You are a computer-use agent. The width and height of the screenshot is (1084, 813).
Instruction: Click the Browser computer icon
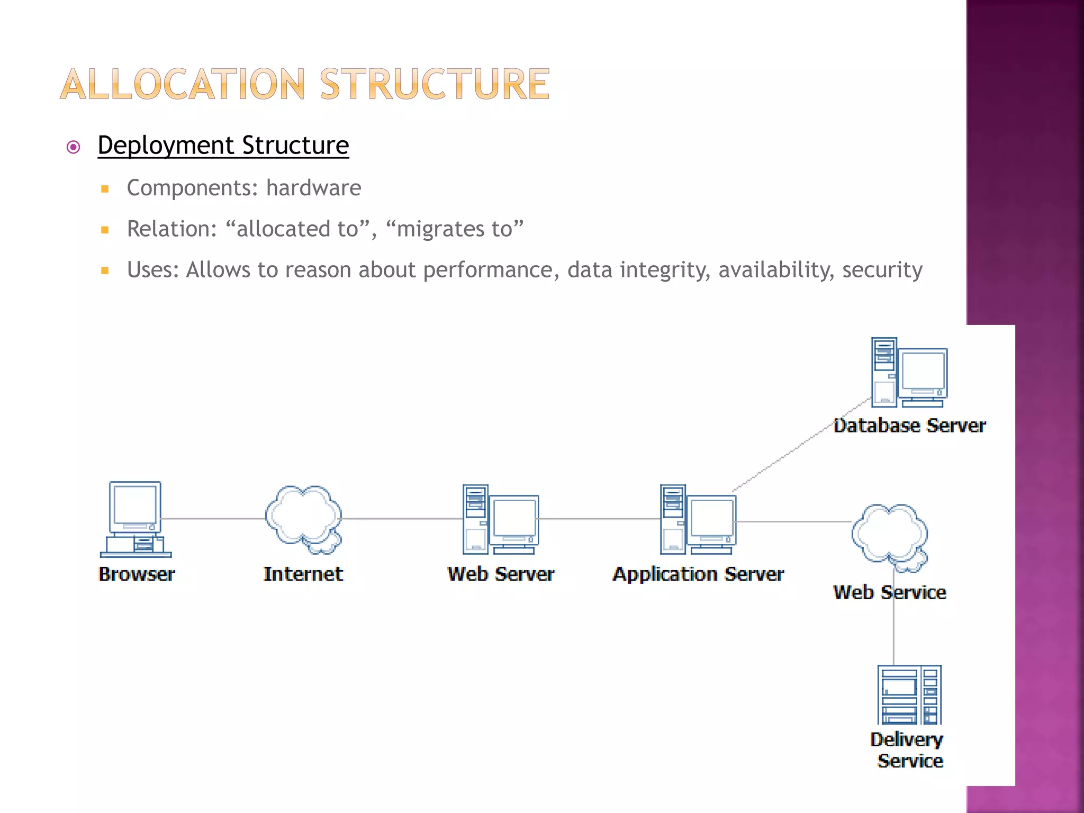(135, 519)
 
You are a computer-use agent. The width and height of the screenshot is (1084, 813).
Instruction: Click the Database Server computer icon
(909, 373)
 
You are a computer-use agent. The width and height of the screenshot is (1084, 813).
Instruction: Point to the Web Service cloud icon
(889, 536)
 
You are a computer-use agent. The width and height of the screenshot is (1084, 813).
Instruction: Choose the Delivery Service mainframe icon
(909, 694)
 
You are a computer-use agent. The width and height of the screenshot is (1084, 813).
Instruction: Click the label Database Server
(909, 426)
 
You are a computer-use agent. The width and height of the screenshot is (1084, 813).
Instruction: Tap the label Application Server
(698, 574)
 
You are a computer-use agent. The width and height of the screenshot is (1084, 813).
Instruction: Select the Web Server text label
(501, 574)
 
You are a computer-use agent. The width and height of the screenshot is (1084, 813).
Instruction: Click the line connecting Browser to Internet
(212, 519)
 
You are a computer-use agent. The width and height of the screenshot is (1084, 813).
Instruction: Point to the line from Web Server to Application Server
(598, 519)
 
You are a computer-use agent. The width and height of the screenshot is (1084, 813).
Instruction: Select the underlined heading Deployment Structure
(223, 146)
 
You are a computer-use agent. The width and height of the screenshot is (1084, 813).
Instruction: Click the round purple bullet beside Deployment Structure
(74, 147)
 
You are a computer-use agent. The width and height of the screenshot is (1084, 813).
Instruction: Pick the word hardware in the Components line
(313, 188)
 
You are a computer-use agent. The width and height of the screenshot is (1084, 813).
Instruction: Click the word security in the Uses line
(882, 270)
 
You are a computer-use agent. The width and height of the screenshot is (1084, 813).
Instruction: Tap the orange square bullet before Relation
(105, 230)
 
